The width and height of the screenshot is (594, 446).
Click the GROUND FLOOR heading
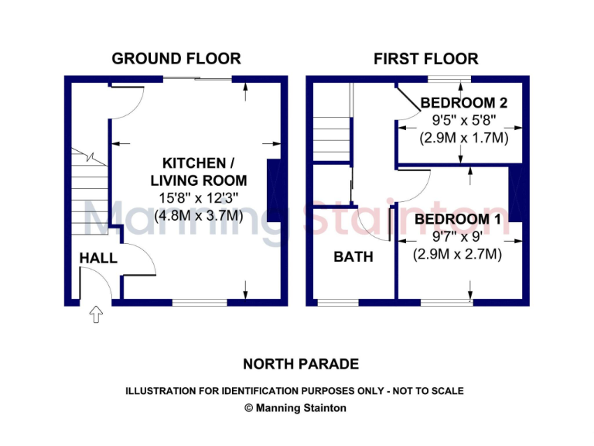tap(176, 58)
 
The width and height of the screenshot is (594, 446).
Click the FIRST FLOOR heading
tap(425, 58)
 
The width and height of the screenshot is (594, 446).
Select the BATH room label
tap(353, 256)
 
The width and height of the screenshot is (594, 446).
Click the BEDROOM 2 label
tap(463, 103)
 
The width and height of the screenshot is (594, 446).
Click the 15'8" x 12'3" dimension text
tap(199, 199)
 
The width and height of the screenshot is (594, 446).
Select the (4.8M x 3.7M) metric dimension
tap(199, 216)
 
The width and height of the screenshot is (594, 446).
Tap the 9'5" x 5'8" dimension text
tap(463, 121)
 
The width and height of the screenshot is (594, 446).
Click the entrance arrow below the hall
tap(96, 314)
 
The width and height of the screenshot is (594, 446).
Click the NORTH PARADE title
tap(301, 363)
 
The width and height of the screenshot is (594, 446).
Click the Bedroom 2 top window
tap(450, 79)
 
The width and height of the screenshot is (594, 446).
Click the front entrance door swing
tap(97, 283)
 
